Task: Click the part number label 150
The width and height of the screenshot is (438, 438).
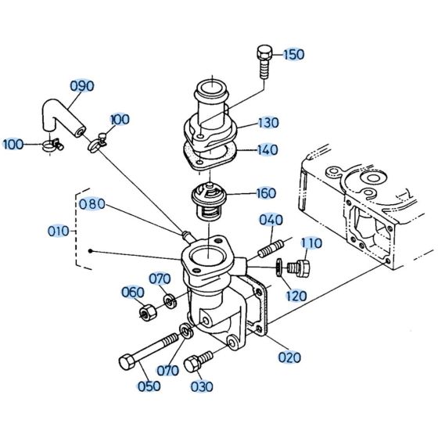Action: [x=293, y=55]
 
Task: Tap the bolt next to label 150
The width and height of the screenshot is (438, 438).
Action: [x=262, y=61]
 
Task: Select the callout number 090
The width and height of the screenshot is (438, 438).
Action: [x=82, y=86]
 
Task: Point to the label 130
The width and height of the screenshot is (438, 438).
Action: [x=268, y=123]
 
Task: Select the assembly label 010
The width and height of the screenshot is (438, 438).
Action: [x=57, y=232]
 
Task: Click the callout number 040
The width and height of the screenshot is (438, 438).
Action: [x=271, y=220]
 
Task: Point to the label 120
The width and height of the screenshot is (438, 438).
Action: [x=296, y=296]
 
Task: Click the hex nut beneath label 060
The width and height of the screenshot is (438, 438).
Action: [x=145, y=314]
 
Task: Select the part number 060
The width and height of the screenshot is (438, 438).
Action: [x=132, y=293]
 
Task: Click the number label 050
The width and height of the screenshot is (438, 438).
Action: [x=149, y=386]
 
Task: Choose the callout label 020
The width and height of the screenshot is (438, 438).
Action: [x=289, y=357]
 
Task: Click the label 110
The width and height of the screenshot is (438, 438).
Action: [x=311, y=243]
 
